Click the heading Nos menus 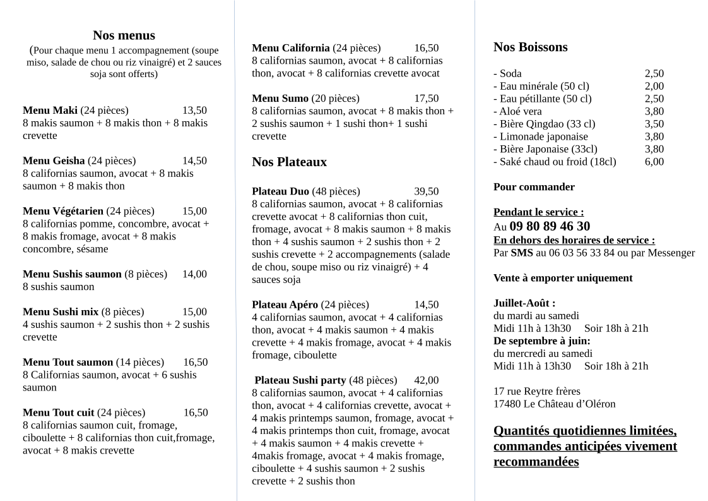[x=124, y=35]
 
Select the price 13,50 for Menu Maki [x=194, y=111]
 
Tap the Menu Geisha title [x=54, y=161]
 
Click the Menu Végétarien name [x=63, y=212]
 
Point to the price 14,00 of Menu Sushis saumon [x=194, y=274]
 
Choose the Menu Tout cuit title [x=58, y=413]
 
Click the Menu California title [x=290, y=48]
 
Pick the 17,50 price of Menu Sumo [x=426, y=99]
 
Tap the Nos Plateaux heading [x=289, y=162]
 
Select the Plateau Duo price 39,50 [x=426, y=191]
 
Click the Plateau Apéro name [x=285, y=305]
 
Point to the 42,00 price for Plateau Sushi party [x=426, y=380]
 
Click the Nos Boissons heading [x=530, y=47]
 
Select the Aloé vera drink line [x=517, y=111]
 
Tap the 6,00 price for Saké [x=654, y=162]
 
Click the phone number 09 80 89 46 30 [x=550, y=226]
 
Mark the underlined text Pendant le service [x=538, y=212]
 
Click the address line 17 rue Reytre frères [x=536, y=392]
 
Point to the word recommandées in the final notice [x=536, y=462]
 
